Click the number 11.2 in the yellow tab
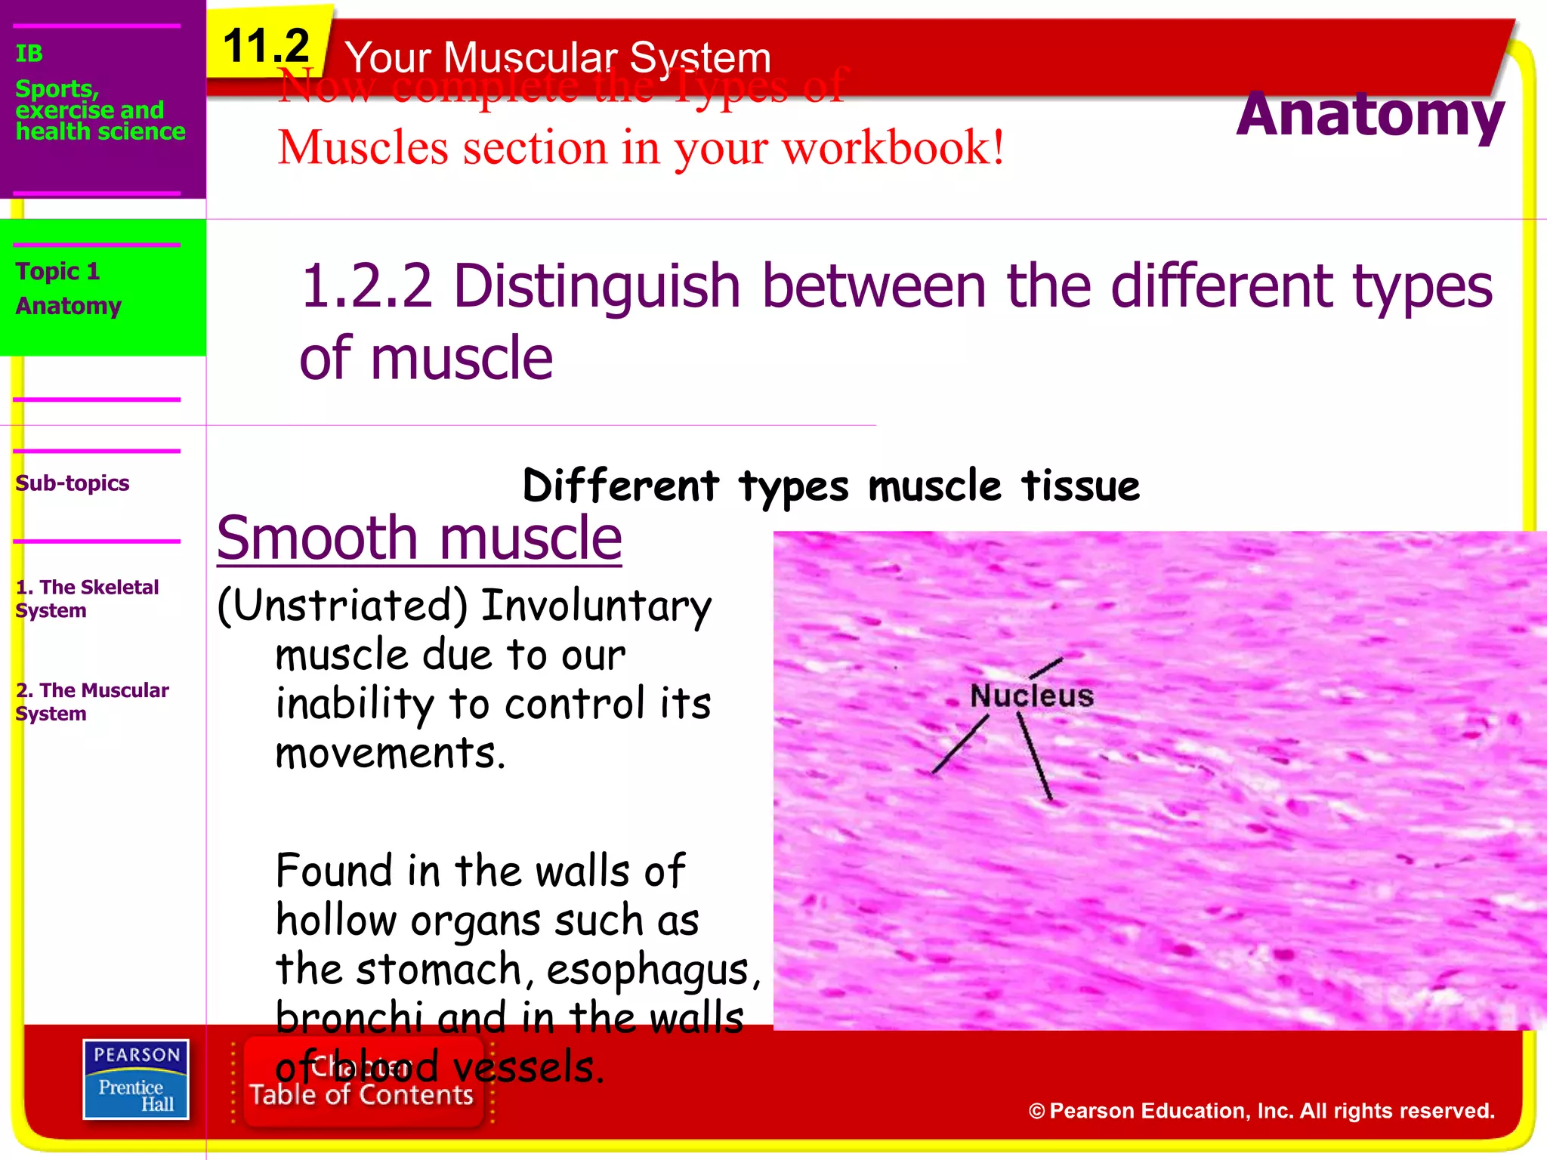pos(266,47)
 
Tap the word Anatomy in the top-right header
pos(1369,115)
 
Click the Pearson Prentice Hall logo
pos(136,1079)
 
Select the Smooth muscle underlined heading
pos(419,538)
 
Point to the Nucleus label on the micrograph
pos(1031,696)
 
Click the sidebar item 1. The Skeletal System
pos(87,598)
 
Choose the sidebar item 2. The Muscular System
pos(91,702)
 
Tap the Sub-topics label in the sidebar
pos(73,483)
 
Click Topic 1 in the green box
pos(57,271)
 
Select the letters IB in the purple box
pos(29,54)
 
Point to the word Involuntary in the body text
pos(597,606)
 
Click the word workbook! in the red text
pos(893,147)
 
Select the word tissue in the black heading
pos(1080,486)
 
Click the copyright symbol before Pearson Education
pos(1036,1112)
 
